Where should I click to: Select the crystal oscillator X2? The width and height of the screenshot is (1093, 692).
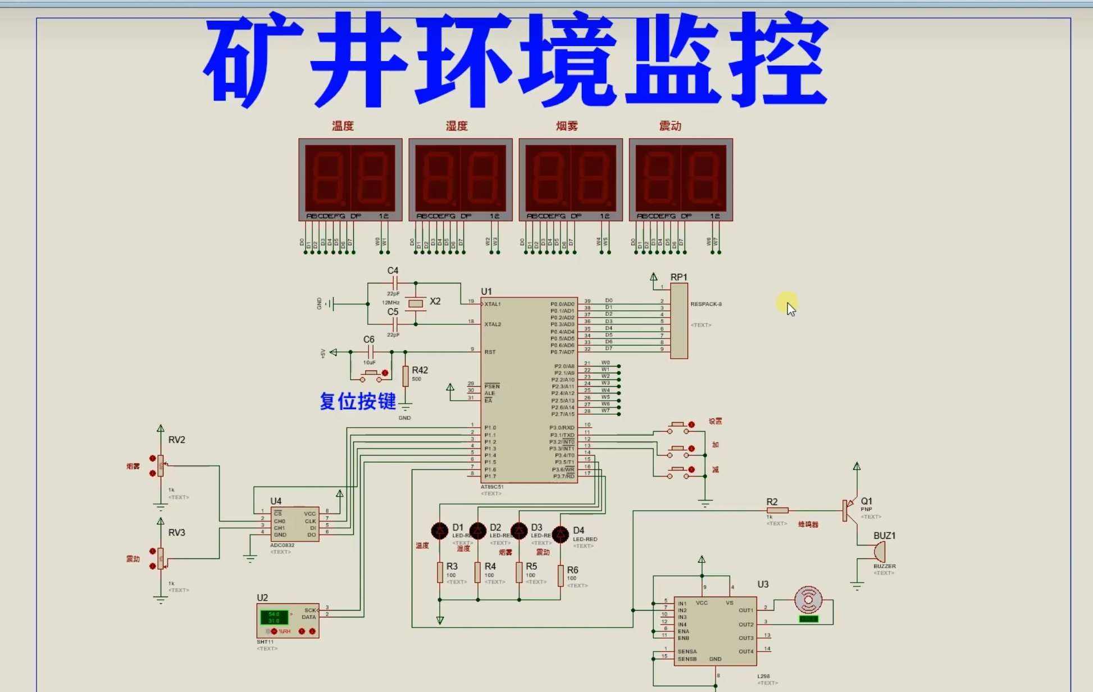pos(415,304)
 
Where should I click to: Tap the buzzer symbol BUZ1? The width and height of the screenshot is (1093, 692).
pos(879,552)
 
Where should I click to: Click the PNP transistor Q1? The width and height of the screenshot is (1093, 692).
pos(849,510)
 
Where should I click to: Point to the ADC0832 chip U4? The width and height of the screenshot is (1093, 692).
pos(295,524)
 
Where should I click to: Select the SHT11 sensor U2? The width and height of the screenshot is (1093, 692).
pos(288,621)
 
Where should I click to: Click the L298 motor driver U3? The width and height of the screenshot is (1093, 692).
pos(715,631)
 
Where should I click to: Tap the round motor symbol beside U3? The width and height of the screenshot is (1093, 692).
pos(808,600)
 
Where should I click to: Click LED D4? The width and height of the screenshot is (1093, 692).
pos(560,534)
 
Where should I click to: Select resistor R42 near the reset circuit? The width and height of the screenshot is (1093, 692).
pos(406,376)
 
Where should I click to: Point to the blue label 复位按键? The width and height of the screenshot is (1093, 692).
pos(358,401)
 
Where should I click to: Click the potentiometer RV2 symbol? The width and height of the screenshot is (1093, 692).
pos(161,465)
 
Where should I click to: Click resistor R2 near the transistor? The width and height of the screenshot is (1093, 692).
pos(777,510)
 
